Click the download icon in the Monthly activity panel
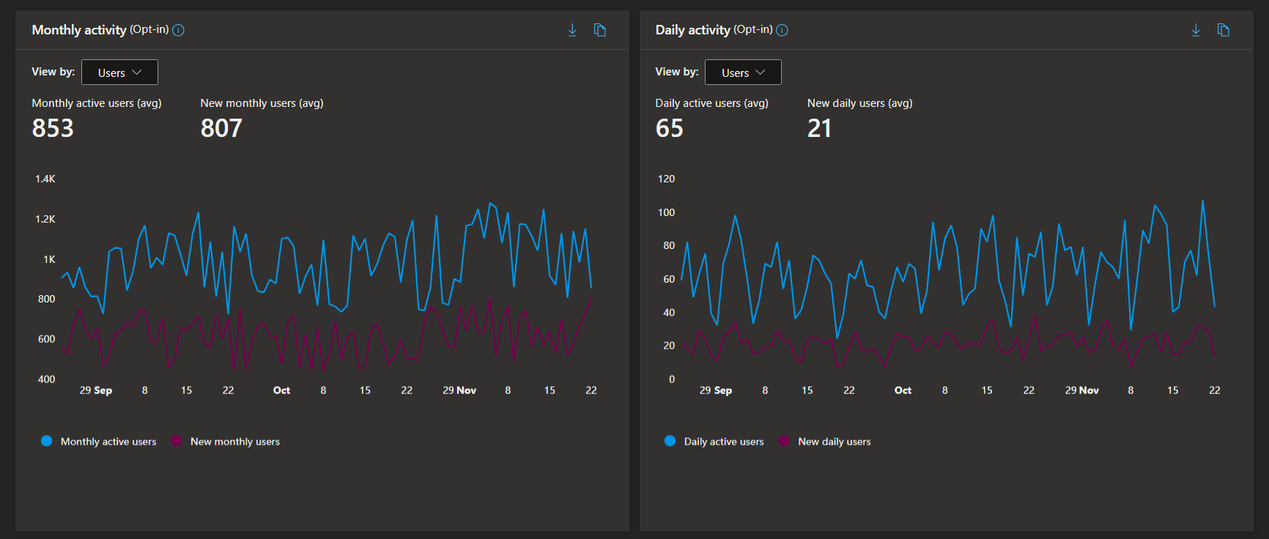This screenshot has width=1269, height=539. [x=572, y=30]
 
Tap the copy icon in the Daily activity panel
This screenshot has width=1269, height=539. [x=1224, y=30]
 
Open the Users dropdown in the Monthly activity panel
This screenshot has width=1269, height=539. [x=119, y=73]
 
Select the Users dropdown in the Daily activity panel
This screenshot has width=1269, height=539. [x=743, y=73]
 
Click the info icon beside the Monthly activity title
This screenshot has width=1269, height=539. [x=178, y=30]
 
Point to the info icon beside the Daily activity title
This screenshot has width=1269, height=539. [x=782, y=30]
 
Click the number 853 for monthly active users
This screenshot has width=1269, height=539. [x=53, y=128]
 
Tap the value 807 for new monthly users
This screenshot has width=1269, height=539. [x=221, y=128]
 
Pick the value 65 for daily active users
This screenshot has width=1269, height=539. [x=669, y=128]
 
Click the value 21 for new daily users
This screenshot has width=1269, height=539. [x=819, y=128]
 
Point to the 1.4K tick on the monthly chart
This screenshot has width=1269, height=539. [x=45, y=179]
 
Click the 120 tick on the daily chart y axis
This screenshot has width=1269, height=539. [x=666, y=179]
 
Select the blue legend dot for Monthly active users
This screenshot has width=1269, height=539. [x=46, y=441]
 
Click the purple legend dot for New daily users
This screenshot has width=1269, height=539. [x=784, y=441]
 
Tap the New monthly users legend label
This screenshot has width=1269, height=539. [x=235, y=442]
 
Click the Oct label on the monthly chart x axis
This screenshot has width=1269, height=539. [x=281, y=390]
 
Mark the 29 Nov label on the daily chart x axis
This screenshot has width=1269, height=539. [x=1081, y=390]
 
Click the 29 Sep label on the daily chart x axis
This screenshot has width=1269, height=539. [x=715, y=390]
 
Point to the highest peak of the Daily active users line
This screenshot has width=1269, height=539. [x=1202, y=201]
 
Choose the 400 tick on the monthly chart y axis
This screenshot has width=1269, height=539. [x=46, y=379]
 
